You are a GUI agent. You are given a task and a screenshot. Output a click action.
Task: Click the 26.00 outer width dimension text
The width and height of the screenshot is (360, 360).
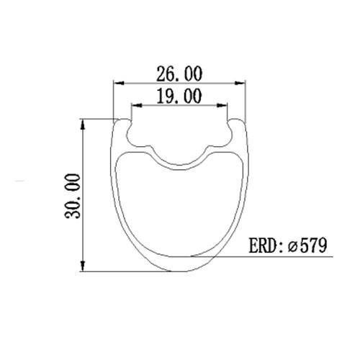[179, 73]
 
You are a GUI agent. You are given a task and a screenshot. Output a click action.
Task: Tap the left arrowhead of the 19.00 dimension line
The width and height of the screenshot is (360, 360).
[134, 104]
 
